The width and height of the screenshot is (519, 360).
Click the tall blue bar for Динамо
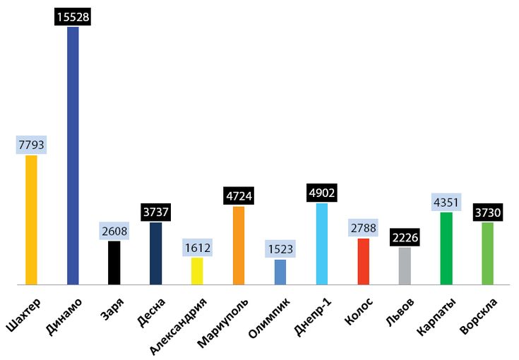click(x=73, y=155)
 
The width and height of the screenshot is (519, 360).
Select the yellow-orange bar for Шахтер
click(x=31, y=220)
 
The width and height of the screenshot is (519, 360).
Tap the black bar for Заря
click(x=114, y=263)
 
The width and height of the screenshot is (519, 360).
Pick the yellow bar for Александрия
click(x=197, y=271)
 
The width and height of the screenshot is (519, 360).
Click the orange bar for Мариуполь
click(x=239, y=245)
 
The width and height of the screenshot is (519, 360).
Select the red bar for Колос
click(x=363, y=261)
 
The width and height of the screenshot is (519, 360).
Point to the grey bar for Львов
click(x=405, y=265)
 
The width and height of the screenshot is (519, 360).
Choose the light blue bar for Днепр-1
click(x=322, y=244)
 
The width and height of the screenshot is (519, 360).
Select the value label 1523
click(x=280, y=249)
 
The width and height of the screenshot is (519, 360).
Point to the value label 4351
click(x=446, y=203)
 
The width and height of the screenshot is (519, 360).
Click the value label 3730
click(x=487, y=212)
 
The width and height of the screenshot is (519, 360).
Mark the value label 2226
click(x=405, y=237)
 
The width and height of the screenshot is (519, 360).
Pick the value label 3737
click(x=155, y=212)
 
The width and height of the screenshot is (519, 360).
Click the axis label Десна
click(x=151, y=315)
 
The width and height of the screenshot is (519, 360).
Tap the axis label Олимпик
click(x=270, y=319)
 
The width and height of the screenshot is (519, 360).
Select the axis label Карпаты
click(x=437, y=318)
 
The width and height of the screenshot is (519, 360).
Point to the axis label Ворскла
click(x=479, y=318)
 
